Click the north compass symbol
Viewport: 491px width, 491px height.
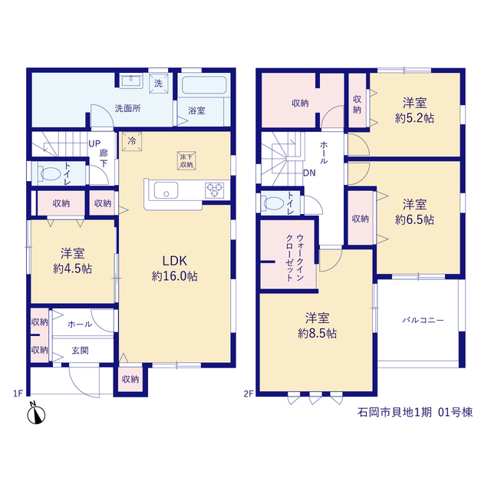(36, 414)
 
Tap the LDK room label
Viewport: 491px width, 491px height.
(174, 261)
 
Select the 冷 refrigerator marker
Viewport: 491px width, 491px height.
(132, 141)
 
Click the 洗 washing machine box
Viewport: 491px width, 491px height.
(159, 84)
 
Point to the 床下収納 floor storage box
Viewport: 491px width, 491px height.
(186, 161)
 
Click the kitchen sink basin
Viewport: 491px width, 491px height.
(166, 190)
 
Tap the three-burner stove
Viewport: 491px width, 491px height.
(215, 190)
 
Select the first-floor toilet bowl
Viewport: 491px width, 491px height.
(49, 174)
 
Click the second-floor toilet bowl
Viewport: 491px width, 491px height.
(273, 203)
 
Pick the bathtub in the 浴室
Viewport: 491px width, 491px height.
(204, 85)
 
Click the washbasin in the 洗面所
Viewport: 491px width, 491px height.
(131, 81)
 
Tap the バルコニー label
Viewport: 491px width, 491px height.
(423, 321)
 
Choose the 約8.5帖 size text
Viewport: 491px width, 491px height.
(317, 334)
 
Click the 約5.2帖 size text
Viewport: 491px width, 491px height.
(414, 118)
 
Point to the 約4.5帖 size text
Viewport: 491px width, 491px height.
(72, 269)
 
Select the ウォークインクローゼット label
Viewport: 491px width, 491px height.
(295, 258)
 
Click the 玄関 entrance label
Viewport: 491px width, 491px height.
(80, 351)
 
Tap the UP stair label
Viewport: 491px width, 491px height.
(94, 143)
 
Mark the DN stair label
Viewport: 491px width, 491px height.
(309, 173)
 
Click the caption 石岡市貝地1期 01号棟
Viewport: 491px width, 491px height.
(415, 412)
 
